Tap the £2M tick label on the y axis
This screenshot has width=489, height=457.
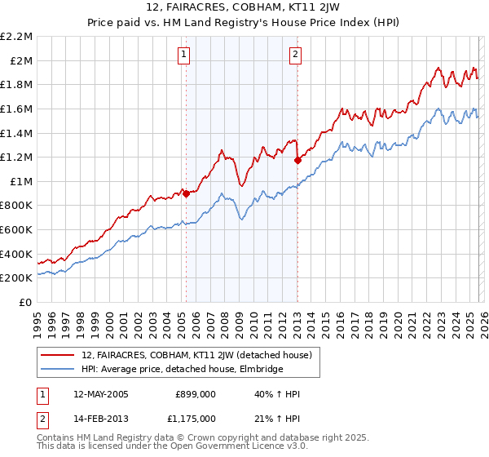pos(20,60)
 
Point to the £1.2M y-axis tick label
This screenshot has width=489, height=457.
pos(17,157)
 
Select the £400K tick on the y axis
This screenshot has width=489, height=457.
pos(17,254)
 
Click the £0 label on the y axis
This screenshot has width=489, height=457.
pos(25,302)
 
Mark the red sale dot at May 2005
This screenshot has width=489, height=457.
pos(186,193)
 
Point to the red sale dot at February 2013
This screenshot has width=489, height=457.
pos(297,160)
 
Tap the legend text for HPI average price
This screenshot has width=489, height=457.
pos(182,369)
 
